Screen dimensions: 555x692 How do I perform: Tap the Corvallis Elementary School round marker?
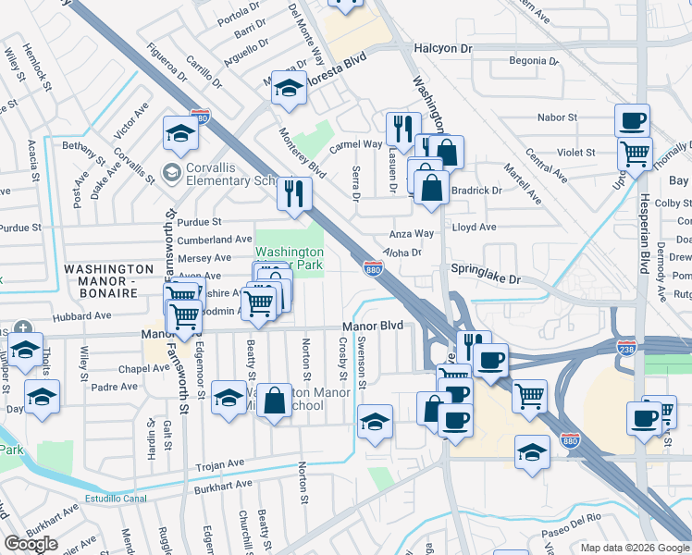(170, 172)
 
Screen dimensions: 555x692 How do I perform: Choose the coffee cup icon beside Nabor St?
(633, 120)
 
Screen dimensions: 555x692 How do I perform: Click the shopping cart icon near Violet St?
(635, 154)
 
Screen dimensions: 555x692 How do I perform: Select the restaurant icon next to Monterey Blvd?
(295, 193)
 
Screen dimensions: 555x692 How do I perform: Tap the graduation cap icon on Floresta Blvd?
(289, 88)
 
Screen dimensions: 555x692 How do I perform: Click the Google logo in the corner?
(31, 544)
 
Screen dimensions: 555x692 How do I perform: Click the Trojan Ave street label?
(218, 463)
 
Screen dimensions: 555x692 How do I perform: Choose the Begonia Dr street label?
(535, 63)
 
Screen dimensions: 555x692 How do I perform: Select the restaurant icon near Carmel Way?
(403, 129)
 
